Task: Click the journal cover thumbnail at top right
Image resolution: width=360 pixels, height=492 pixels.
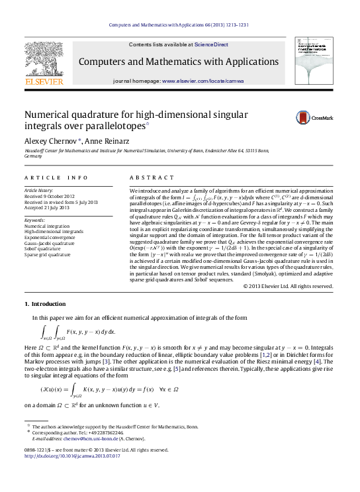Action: pyautogui.click(x=314, y=61)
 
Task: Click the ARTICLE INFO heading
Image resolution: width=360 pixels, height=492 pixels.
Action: pyautogui.click(x=56, y=177)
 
